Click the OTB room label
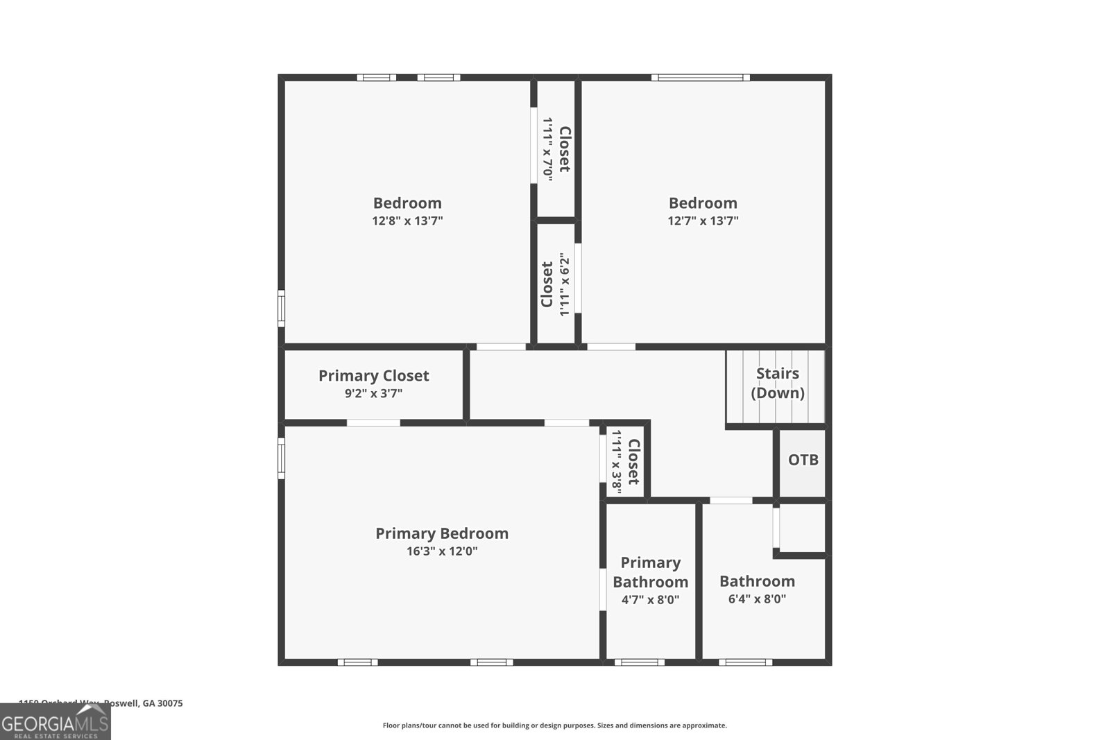pos(803,460)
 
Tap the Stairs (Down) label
pos(777,383)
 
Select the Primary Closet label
pos(373,376)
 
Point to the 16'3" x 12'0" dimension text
pos(442,552)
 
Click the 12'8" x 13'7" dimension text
pos(407,221)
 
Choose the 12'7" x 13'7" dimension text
pos(703,221)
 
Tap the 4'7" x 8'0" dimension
pos(650,600)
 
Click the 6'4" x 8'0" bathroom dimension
pos(757,599)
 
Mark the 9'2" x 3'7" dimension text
pos(373,394)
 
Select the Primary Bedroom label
pos(442,533)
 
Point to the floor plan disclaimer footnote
pos(554,725)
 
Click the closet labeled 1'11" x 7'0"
pos(556,150)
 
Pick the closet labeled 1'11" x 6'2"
pos(556,284)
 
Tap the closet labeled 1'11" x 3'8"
pos(624,462)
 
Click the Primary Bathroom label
pos(650,572)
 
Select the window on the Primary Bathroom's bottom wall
pos(639,662)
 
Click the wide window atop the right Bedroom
pos(700,78)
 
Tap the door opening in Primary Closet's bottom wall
pos(373,422)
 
